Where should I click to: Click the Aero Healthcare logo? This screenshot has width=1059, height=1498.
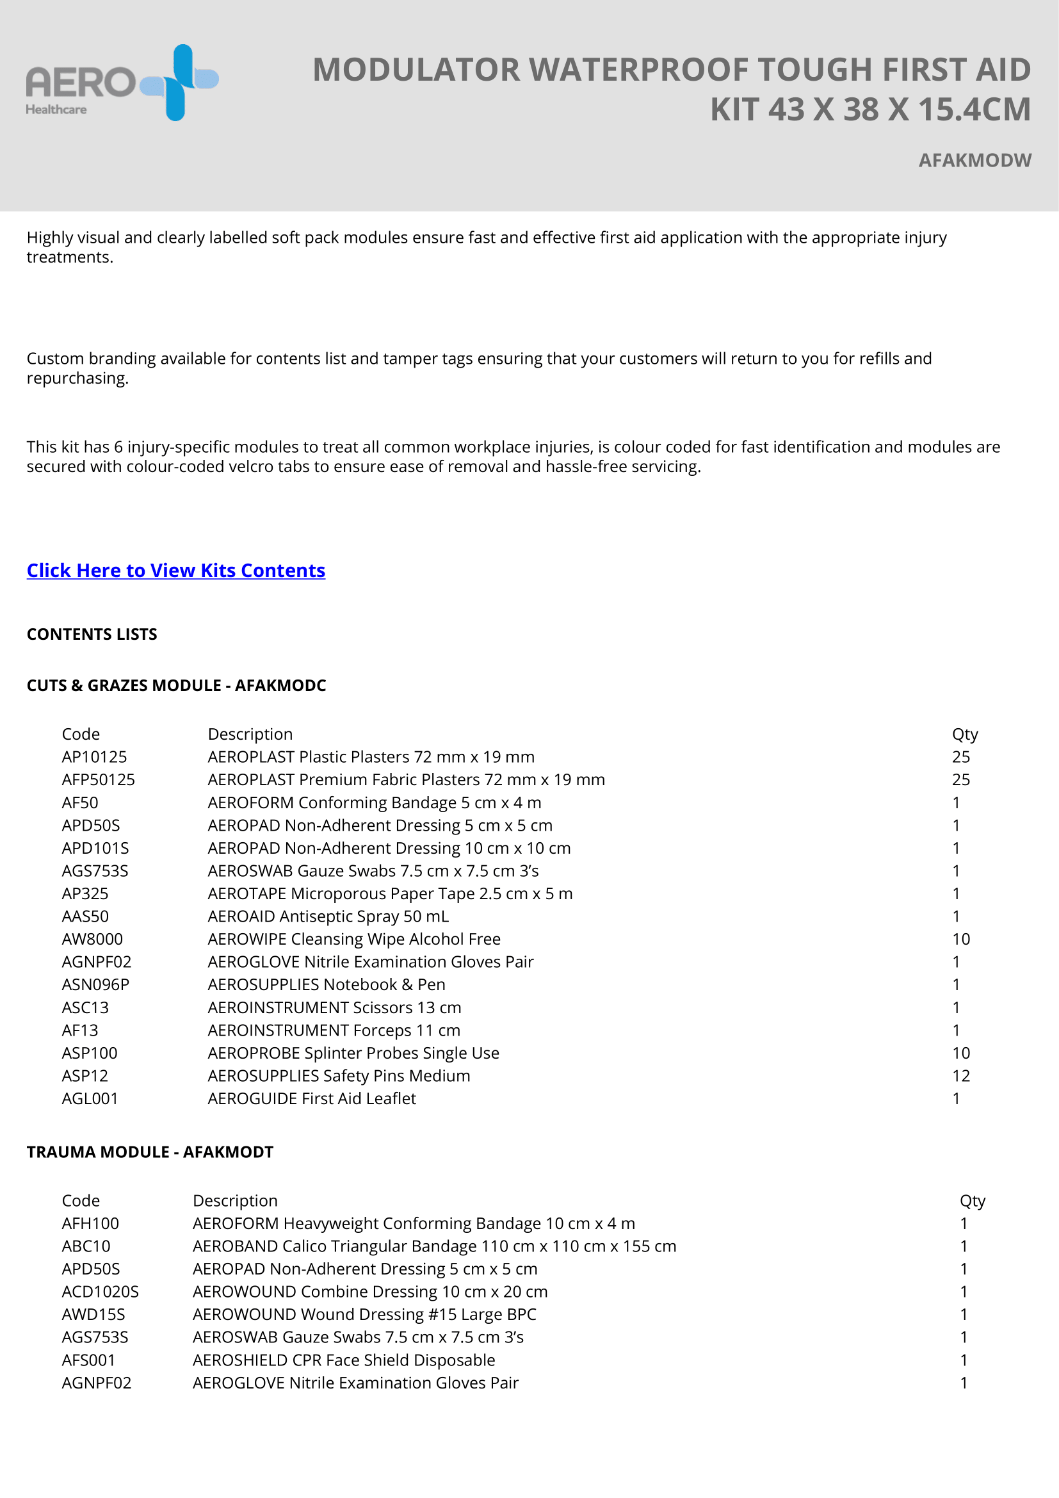click(x=122, y=83)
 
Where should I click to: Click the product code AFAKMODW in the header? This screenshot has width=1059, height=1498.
click(x=974, y=161)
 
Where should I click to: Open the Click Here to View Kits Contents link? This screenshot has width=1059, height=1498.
click(x=176, y=570)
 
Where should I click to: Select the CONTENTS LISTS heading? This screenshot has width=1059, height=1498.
click(x=92, y=634)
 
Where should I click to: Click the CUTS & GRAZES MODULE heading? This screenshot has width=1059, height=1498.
click(x=176, y=685)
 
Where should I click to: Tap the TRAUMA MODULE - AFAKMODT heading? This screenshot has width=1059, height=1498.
click(x=150, y=1152)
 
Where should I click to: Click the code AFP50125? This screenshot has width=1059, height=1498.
click(x=99, y=779)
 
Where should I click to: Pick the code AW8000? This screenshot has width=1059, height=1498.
click(x=93, y=939)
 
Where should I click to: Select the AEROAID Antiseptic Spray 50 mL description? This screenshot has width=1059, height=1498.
click(x=328, y=916)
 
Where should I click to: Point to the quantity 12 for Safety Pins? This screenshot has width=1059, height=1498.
click(x=960, y=1075)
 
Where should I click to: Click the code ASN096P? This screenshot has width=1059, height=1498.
click(x=96, y=984)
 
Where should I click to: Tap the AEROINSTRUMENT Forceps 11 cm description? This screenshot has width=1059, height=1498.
click(x=334, y=1030)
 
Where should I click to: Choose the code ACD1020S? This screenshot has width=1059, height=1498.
click(x=101, y=1291)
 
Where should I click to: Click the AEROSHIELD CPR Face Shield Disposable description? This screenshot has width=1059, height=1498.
click(x=344, y=1360)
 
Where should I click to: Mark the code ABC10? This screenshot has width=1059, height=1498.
click(x=86, y=1246)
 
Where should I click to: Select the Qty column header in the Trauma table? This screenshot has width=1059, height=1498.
click(x=973, y=1200)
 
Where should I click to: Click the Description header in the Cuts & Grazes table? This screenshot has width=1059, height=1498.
click(x=250, y=734)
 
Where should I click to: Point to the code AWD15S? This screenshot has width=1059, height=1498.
click(x=93, y=1314)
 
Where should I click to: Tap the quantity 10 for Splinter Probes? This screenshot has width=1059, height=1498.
click(x=960, y=1053)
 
